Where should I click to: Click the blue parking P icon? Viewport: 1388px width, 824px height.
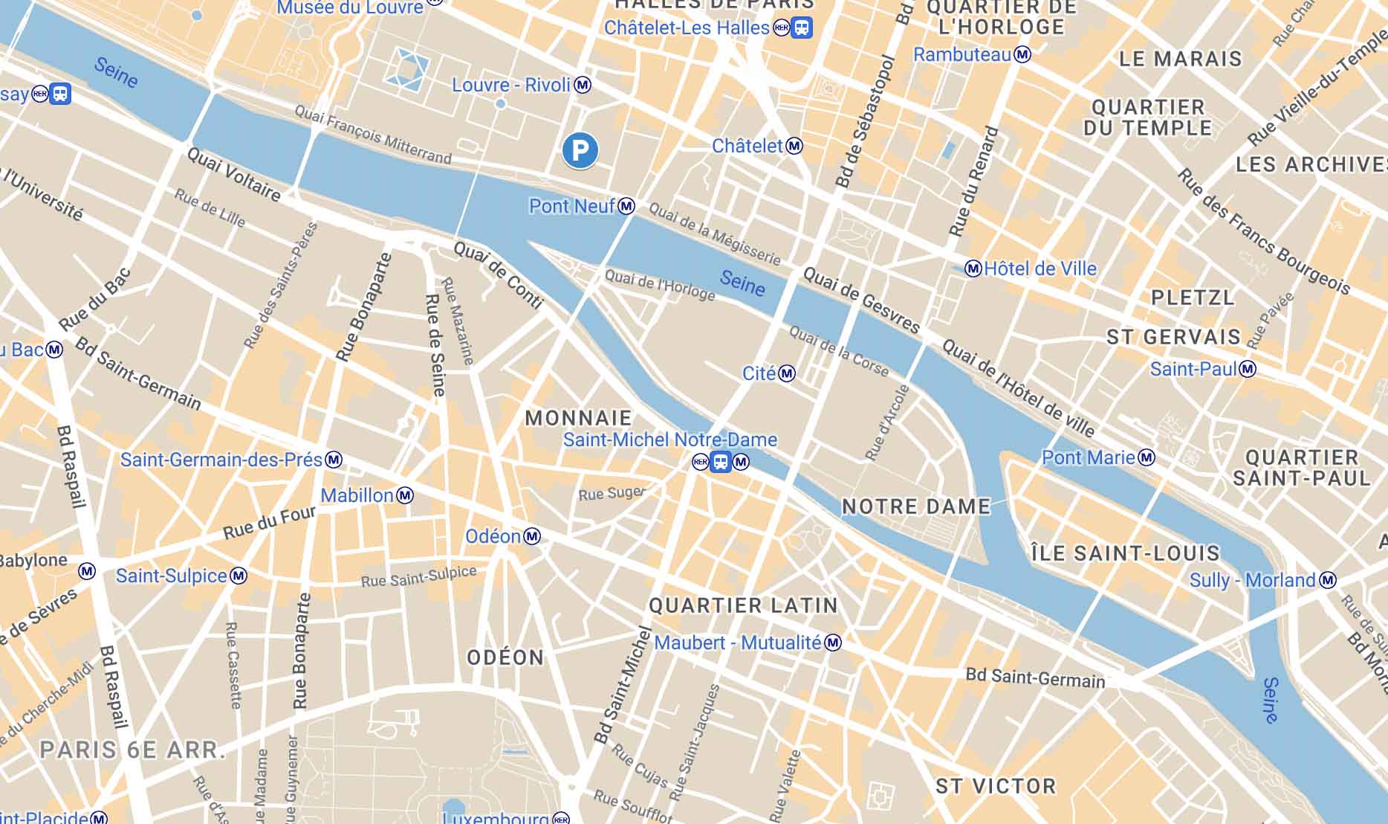pyautogui.click(x=580, y=151)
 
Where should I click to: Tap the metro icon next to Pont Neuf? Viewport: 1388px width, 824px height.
pyautogui.click(x=627, y=206)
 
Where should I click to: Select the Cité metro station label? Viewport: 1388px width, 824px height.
pyautogui.click(x=759, y=373)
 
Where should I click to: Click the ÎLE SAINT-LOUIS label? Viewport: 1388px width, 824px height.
pyautogui.click(x=1125, y=553)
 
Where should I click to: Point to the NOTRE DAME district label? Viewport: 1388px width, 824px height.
pyautogui.click(x=916, y=507)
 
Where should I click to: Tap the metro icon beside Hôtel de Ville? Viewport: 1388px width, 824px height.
pyautogui.click(x=973, y=268)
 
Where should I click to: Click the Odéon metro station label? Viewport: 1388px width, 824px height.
pyautogui.click(x=493, y=536)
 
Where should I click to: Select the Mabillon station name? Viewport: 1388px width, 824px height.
pyautogui.click(x=357, y=495)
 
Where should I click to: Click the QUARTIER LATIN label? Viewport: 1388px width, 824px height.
pyautogui.click(x=743, y=606)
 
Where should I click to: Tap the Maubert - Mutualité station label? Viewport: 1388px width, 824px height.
pyautogui.click(x=737, y=643)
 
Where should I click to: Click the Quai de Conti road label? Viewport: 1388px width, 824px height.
pyautogui.click(x=499, y=275)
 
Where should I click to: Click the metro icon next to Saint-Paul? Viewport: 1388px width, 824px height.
pyautogui.click(x=1248, y=369)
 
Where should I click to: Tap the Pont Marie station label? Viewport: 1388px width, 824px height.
pyautogui.click(x=1089, y=457)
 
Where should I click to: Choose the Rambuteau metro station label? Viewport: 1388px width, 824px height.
pyautogui.click(x=962, y=54)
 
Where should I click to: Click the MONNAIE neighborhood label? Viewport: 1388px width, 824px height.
pyautogui.click(x=578, y=418)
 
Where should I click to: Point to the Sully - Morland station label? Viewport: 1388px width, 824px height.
pyautogui.click(x=1252, y=580)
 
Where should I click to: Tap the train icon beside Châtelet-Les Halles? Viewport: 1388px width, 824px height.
pyautogui.click(x=802, y=28)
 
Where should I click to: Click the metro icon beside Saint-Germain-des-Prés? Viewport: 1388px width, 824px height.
pyautogui.click(x=334, y=460)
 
